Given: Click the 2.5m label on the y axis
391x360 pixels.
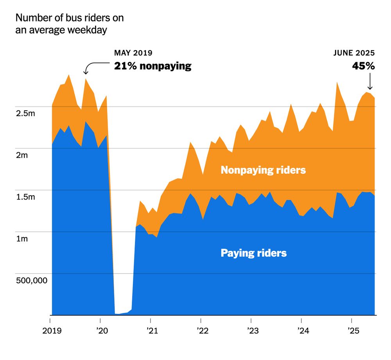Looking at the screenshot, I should coord(25,113).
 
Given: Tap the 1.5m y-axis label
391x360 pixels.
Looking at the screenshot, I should coord(25,197).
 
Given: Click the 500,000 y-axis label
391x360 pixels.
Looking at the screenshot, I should coord(31,281).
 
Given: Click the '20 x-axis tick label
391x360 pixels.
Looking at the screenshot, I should coord(102,331).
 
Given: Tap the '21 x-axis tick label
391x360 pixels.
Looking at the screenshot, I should coord(152,331).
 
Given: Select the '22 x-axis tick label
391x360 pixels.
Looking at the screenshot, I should coord(203,331).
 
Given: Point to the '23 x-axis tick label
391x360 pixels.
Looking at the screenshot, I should coord(253,331).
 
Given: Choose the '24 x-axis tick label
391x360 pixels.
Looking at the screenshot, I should coord(303,331).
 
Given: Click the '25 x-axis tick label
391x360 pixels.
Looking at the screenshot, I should coord(353,331).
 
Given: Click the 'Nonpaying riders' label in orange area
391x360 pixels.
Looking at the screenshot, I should coord(263,170).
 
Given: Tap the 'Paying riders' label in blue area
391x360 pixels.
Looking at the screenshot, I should coord(254,253).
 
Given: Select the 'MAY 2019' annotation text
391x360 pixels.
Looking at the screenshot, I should coord(133,53).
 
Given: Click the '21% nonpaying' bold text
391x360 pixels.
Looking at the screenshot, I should coord(152,66).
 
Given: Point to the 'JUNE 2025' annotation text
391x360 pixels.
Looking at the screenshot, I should coord(354,53).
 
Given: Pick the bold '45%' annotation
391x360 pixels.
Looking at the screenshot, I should coord(363,66).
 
